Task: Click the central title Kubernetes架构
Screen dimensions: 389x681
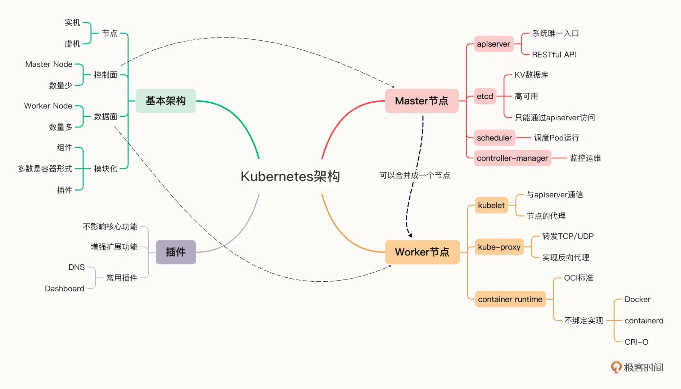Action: pyautogui.click(x=290, y=176)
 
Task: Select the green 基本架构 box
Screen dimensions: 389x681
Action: pyautogui.click(x=166, y=101)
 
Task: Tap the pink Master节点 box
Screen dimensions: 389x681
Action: pyautogui.click(x=421, y=101)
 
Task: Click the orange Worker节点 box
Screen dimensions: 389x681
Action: pyautogui.click(x=422, y=252)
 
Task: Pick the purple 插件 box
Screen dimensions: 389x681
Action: pyautogui.click(x=176, y=252)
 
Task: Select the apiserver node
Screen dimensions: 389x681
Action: pyautogui.click(x=493, y=44)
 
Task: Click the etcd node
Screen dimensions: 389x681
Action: pyautogui.click(x=485, y=96)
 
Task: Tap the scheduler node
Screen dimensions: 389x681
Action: pyautogui.click(x=494, y=138)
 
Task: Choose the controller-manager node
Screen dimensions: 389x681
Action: pyautogui.click(x=512, y=158)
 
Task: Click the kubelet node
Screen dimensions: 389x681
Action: pyautogui.click(x=491, y=205)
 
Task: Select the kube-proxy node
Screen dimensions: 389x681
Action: pyautogui.click(x=499, y=247)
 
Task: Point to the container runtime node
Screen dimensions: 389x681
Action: pyautogui.click(x=510, y=299)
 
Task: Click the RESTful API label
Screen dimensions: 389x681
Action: pyautogui.click(x=554, y=55)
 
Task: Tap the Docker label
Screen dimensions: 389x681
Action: pyautogui.click(x=637, y=299)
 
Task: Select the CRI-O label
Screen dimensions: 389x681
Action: pyautogui.click(x=636, y=342)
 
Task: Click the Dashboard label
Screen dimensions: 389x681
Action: pyautogui.click(x=64, y=289)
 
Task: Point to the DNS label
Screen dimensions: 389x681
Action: pyautogui.click(x=76, y=267)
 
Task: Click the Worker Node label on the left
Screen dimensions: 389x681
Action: pyautogui.click(x=48, y=106)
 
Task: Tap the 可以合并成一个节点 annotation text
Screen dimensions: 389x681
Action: pyautogui.click(x=415, y=175)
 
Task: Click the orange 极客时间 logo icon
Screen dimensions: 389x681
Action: pyautogui.click(x=616, y=367)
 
